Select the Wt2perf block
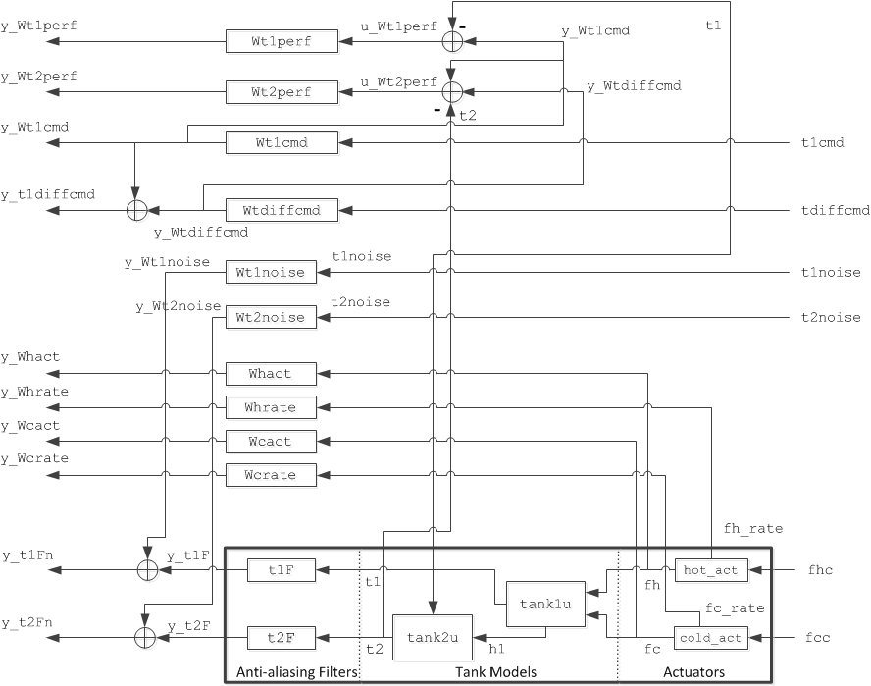(282, 92)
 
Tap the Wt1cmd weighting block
(282, 143)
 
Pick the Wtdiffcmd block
(282, 210)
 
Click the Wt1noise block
(272, 272)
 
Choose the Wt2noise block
(272, 317)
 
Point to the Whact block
(272, 374)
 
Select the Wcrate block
(272, 475)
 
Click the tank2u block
(433, 637)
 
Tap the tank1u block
(544, 603)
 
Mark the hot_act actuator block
(711, 569)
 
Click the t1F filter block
(280, 569)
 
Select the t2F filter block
(280, 638)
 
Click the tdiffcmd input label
(835, 211)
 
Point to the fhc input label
(820, 569)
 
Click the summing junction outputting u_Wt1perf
(452, 41)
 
